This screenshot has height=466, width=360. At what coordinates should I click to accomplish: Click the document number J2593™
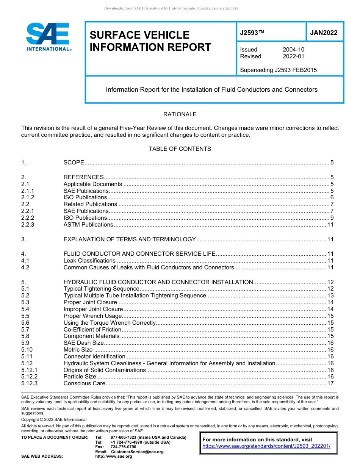(252, 33)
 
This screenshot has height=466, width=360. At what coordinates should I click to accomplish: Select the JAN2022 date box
(324, 33)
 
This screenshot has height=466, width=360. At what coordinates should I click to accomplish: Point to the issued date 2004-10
(293, 50)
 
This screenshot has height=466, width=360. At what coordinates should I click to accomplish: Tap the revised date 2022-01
(293, 56)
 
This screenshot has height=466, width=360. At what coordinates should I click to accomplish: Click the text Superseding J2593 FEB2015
(278, 70)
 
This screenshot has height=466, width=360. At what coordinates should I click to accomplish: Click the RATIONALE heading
(180, 114)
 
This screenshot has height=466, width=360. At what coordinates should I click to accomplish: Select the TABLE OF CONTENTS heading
(180, 149)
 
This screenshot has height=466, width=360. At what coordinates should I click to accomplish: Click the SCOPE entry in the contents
(74, 163)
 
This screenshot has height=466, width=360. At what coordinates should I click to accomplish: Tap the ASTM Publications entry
(88, 225)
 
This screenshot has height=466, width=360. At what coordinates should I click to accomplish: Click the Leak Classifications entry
(89, 261)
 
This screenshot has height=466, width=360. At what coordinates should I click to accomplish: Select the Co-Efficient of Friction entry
(92, 330)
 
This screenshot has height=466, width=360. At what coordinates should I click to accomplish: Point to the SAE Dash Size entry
(83, 343)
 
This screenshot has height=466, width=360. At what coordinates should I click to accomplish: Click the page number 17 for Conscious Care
(330, 383)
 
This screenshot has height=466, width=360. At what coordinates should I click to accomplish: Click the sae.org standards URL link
(266, 446)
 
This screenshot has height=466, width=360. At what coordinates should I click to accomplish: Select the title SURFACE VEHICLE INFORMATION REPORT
(150, 41)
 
